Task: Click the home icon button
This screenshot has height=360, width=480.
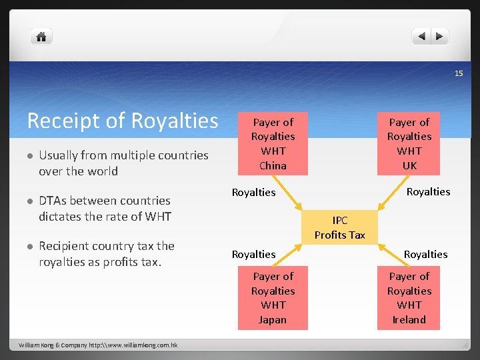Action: pyautogui.click(x=41, y=37)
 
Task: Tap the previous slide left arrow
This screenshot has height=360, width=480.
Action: pyautogui.click(x=421, y=37)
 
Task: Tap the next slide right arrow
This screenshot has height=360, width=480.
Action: pyautogui.click(x=439, y=37)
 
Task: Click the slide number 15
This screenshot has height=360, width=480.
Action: pyautogui.click(x=459, y=73)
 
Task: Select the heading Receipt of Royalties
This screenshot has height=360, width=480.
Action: pyautogui.click(x=123, y=121)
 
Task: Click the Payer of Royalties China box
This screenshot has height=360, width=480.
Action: pyautogui.click(x=273, y=143)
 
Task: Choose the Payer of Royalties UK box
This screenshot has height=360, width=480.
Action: pyautogui.click(x=409, y=143)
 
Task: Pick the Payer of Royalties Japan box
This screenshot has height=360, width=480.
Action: pyautogui.click(x=273, y=297)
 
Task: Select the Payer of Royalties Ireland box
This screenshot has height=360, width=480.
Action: pyautogui.click(x=409, y=297)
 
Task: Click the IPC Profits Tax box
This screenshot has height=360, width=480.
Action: pyautogui.click(x=340, y=227)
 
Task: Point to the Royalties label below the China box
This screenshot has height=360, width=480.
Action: pyautogui.click(x=253, y=193)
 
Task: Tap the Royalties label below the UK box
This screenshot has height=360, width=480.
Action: pyautogui.click(x=429, y=192)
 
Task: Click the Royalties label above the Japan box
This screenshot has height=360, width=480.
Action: pyautogui.click(x=253, y=254)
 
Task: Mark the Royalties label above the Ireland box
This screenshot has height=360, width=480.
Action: pyautogui.click(x=426, y=254)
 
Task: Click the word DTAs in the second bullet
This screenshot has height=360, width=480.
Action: pyautogui.click(x=53, y=201)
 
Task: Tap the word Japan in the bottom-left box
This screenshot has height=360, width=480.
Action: pyautogui.click(x=273, y=320)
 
